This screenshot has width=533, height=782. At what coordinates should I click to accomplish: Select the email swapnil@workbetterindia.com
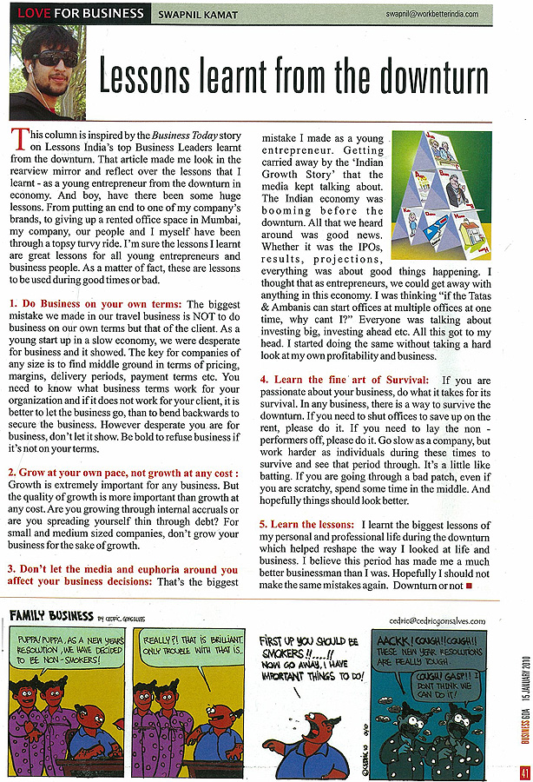click(451, 15)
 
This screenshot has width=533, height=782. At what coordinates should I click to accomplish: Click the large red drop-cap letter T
click(19, 136)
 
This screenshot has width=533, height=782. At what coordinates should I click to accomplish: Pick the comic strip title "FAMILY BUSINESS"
click(51, 616)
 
